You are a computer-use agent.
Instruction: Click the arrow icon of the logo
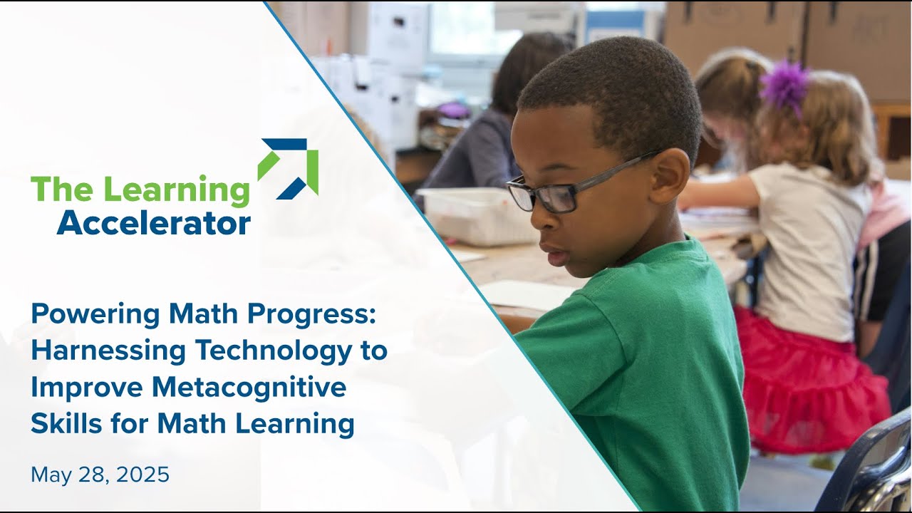point(288,168)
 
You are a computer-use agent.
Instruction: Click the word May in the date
point(51,475)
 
